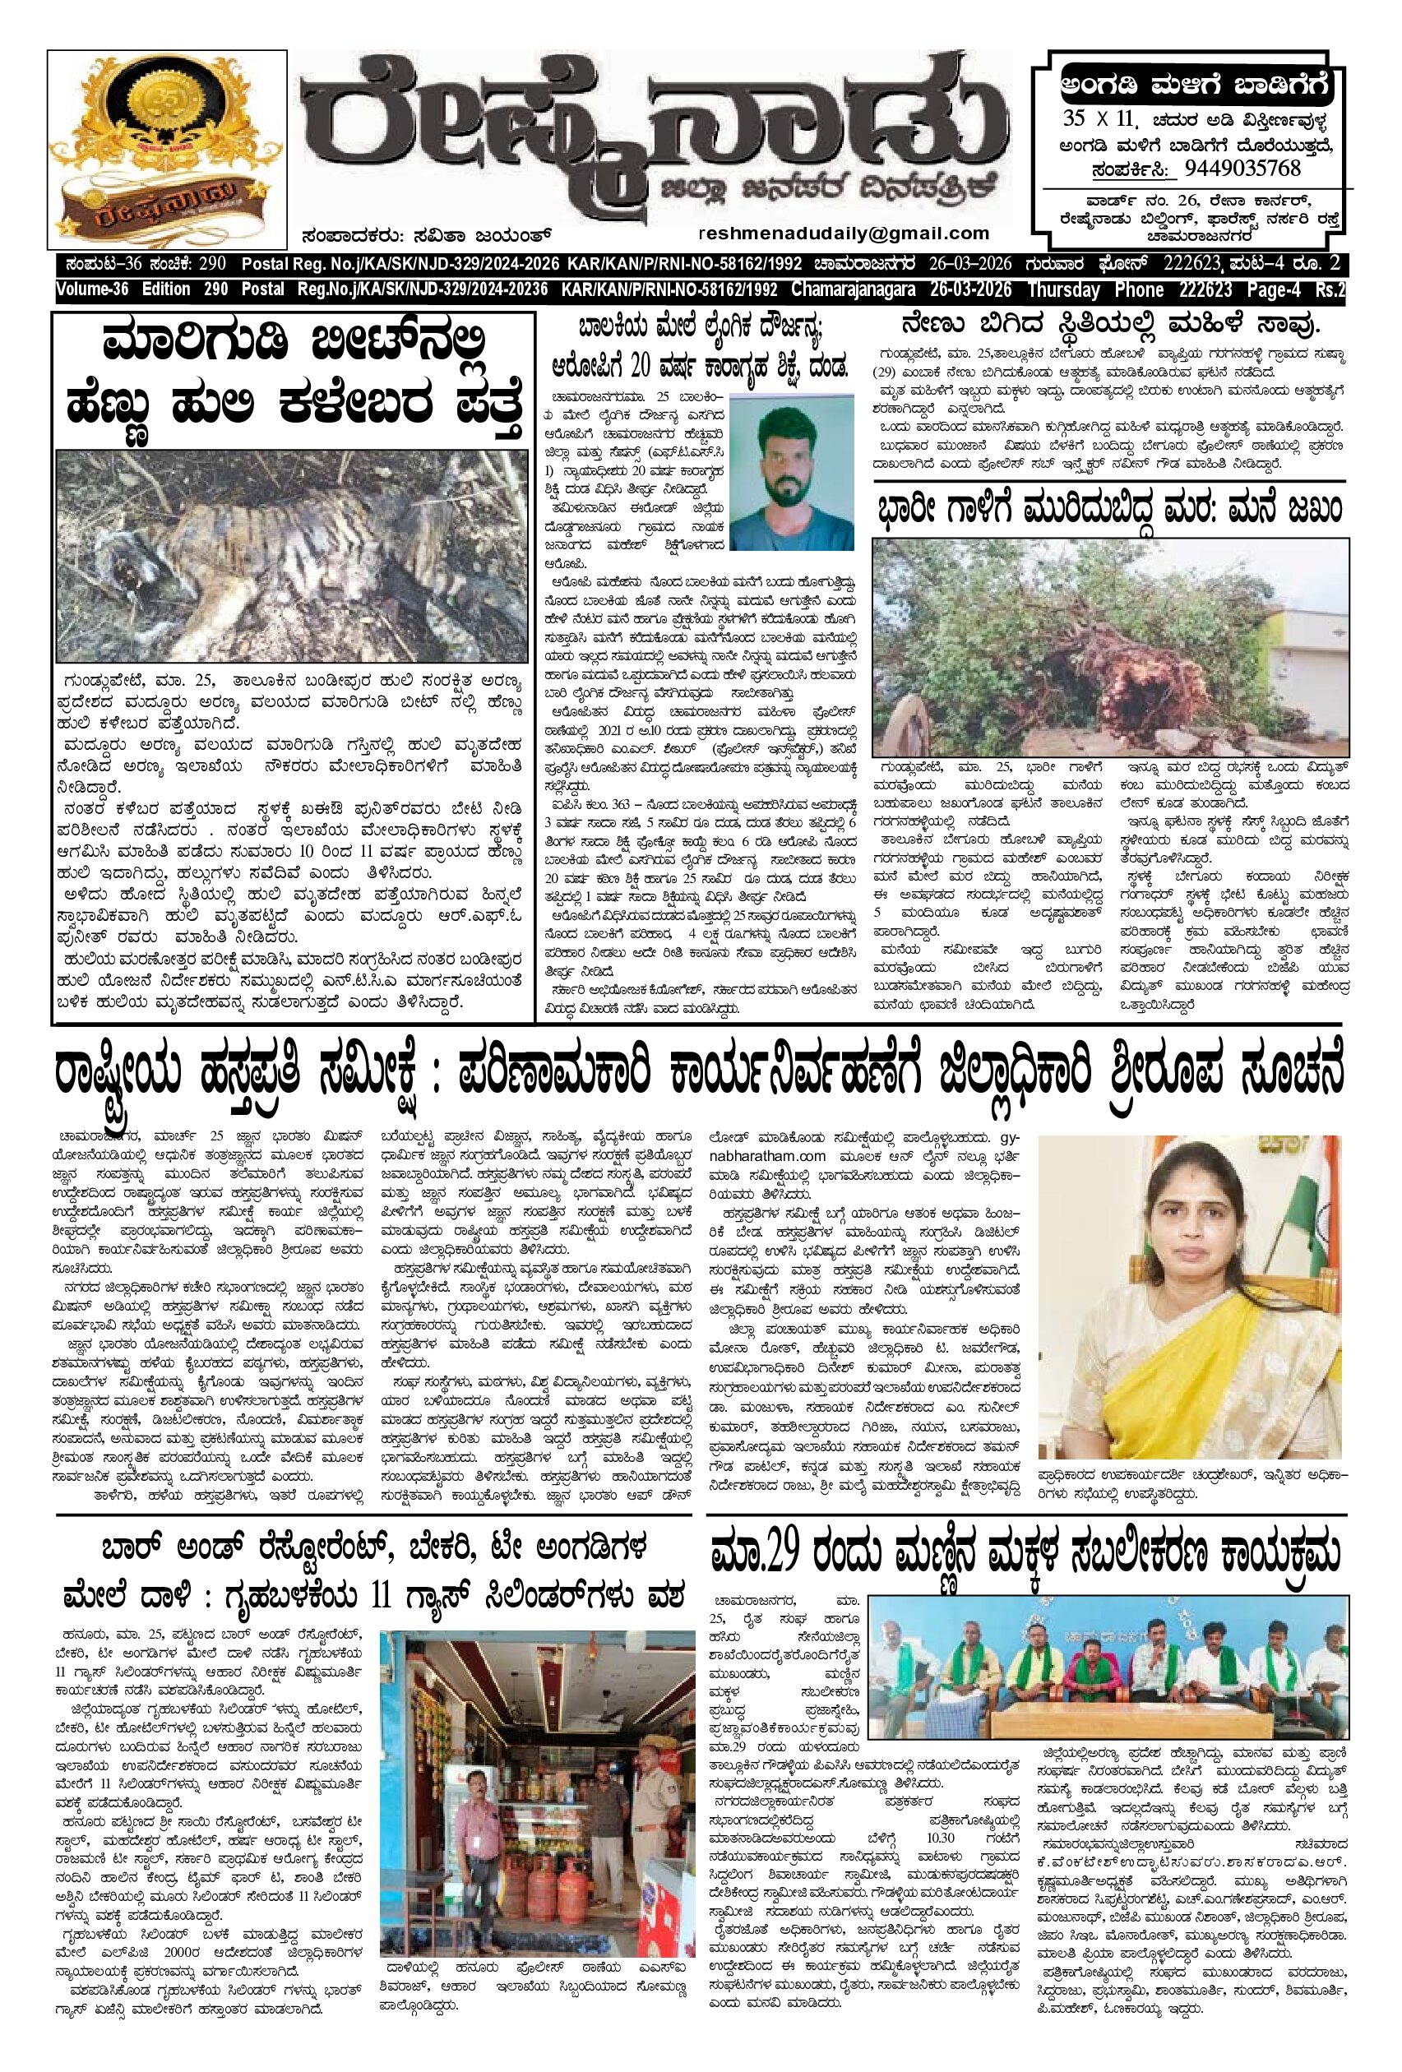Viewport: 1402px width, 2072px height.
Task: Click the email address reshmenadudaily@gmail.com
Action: (x=845, y=234)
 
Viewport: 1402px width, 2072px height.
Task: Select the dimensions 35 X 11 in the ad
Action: (x=1096, y=119)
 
